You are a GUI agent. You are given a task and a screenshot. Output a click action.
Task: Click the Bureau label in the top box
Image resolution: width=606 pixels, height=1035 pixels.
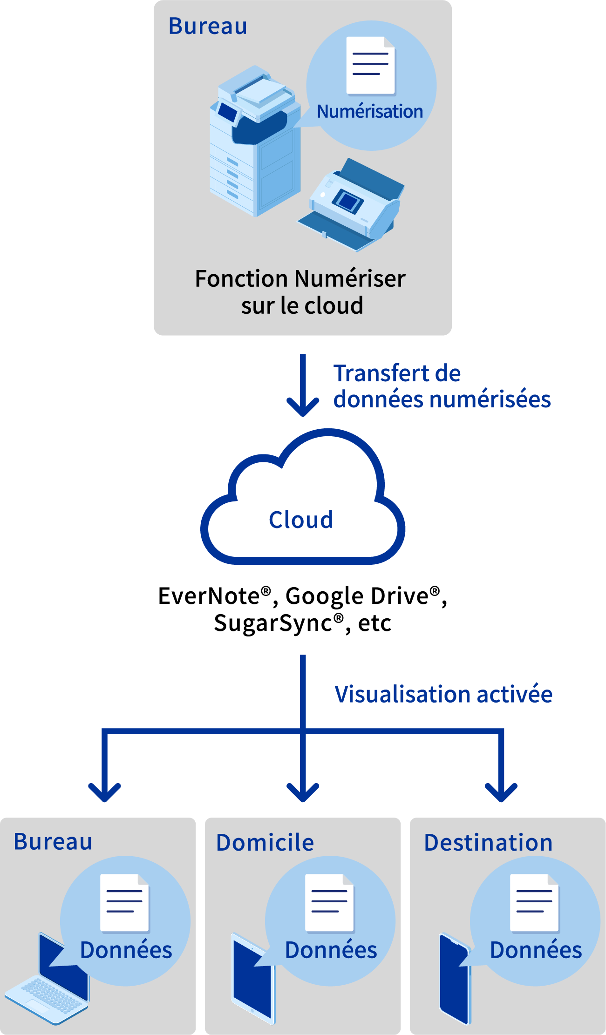(x=208, y=26)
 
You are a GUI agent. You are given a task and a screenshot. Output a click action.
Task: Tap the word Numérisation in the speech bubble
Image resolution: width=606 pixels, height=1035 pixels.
(x=370, y=112)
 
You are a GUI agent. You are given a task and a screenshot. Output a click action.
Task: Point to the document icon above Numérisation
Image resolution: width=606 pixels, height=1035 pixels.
(x=370, y=66)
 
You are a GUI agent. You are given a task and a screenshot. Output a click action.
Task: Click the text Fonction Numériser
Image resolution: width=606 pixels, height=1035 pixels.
(x=300, y=279)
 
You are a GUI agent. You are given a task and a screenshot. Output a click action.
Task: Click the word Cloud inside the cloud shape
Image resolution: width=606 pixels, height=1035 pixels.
(x=301, y=520)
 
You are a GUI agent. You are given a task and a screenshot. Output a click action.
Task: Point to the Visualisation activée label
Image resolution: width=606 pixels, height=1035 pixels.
(x=443, y=694)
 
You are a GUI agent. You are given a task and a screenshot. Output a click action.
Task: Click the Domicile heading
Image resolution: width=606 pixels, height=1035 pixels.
(x=265, y=843)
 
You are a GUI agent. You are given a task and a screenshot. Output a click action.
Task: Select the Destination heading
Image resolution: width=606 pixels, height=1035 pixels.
(x=488, y=843)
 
